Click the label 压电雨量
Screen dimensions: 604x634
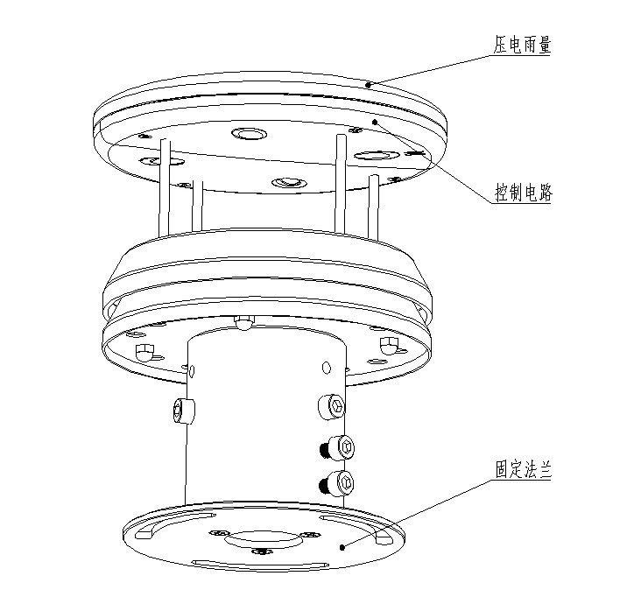[x=522, y=45]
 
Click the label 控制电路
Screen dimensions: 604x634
[x=522, y=194]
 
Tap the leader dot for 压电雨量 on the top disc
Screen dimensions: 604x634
[x=369, y=85]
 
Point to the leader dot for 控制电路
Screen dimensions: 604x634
[x=374, y=122]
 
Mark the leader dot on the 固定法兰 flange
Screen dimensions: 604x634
[x=342, y=547]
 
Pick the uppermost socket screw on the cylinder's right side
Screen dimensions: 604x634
[x=332, y=405]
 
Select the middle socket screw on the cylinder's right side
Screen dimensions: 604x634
[x=342, y=447]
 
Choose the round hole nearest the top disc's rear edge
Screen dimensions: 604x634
[x=250, y=134]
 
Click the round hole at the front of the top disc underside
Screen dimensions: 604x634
[x=288, y=181]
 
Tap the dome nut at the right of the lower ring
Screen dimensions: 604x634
[x=387, y=347]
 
